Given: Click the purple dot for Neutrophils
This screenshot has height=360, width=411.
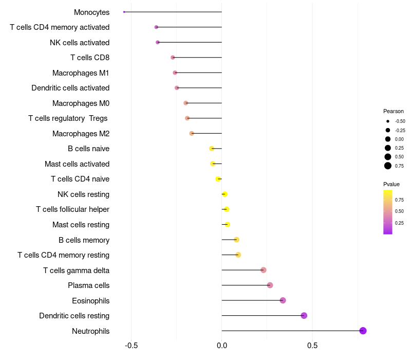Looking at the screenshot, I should click(x=363, y=331).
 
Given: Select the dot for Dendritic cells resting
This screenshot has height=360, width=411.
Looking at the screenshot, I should click(x=304, y=316).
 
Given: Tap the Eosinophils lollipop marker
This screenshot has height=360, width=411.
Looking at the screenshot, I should click(x=283, y=300).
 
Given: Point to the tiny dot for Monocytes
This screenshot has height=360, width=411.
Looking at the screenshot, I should click(x=124, y=12).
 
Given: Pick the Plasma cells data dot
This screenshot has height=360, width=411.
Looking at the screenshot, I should click(x=270, y=285).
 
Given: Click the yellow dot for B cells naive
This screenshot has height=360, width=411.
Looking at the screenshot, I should click(x=212, y=149).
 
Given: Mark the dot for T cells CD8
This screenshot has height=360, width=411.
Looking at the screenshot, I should click(x=173, y=58).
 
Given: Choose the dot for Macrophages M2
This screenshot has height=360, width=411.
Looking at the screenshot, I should click(x=192, y=133).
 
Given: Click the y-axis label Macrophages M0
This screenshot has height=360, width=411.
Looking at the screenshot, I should click(x=81, y=103).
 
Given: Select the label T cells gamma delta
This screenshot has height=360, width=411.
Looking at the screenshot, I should click(x=76, y=271).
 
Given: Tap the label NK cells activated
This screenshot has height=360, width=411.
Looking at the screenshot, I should click(x=79, y=43).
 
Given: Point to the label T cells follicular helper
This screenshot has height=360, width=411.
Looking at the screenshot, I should click(x=72, y=209).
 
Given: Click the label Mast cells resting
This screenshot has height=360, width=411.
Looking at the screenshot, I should click(x=81, y=225).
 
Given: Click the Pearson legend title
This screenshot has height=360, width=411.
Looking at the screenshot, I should click(x=393, y=111).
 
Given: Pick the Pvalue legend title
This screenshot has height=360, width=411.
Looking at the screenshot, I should click(x=391, y=184).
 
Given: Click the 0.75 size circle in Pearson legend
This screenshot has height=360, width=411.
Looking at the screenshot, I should click(x=388, y=166).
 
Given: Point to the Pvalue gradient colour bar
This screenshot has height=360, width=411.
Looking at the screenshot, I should click(x=388, y=212).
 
